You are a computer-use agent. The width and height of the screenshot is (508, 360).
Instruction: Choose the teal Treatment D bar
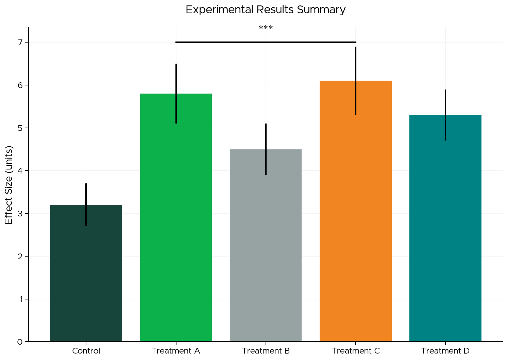(445, 238)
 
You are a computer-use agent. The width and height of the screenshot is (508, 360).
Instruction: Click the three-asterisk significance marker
(266, 28)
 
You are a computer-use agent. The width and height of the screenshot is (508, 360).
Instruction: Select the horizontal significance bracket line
(266, 42)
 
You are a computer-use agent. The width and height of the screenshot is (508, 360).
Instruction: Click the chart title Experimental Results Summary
(266, 10)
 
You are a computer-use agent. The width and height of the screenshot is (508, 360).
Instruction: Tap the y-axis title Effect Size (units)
(9, 185)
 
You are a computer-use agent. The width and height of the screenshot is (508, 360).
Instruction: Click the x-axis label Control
(86, 351)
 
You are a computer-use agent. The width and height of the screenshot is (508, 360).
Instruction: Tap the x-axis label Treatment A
(176, 351)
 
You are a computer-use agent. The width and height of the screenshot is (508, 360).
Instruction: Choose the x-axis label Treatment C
(355, 351)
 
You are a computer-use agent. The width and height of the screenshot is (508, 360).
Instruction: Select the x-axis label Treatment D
(445, 351)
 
